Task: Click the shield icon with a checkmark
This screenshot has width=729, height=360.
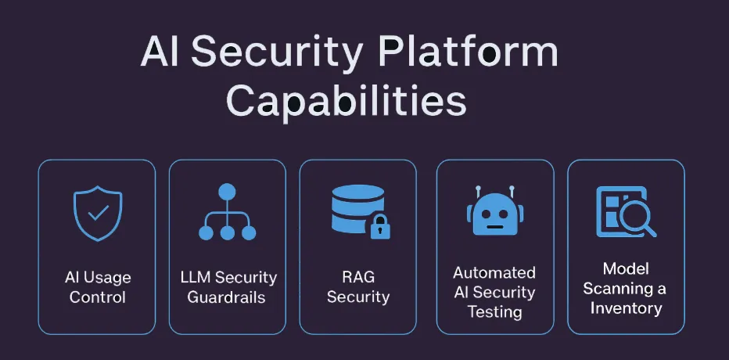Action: point(98,212)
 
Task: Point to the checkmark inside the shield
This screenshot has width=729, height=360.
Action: point(98,211)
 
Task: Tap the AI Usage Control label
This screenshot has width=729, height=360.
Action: point(98,287)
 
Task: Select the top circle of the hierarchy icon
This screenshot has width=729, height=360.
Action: point(228,191)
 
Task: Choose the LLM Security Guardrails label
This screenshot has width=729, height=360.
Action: point(228,287)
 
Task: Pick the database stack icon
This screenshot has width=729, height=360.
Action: point(356,210)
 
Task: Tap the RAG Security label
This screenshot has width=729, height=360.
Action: point(358,287)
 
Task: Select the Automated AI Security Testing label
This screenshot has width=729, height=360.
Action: point(494,292)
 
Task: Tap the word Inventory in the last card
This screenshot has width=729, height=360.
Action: point(626,308)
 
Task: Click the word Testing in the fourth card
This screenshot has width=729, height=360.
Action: point(494,311)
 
